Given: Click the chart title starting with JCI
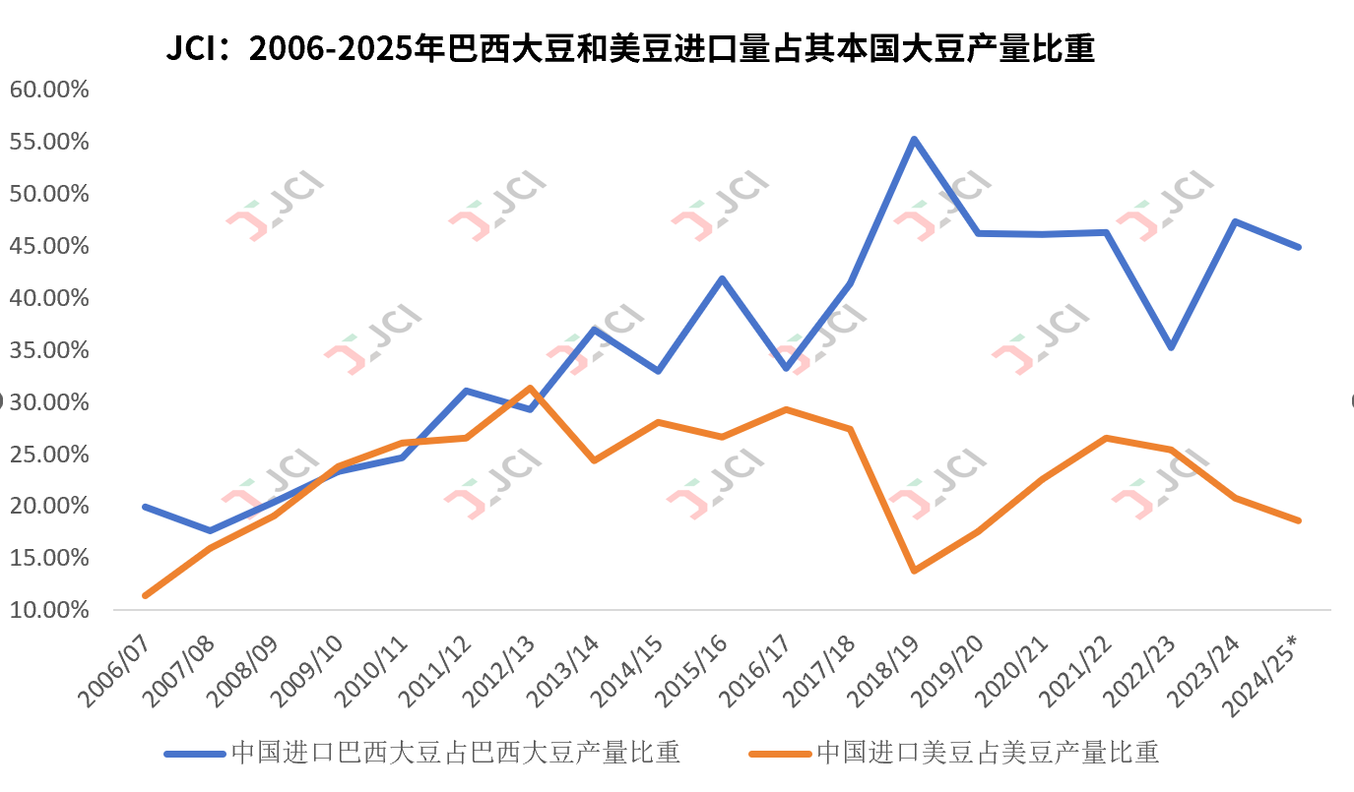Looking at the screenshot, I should (630, 47).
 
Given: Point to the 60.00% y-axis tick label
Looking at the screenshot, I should (49, 90).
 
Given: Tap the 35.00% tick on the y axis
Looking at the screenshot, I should (49, 350).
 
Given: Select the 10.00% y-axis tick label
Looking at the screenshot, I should (49, 610).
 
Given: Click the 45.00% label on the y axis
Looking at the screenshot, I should (49, 246).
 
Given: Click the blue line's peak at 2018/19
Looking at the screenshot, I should (914, 140).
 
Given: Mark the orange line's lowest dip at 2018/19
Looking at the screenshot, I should (914, 571).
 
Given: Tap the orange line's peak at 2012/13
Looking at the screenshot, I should (530, 388).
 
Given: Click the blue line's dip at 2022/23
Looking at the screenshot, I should (1171, 347).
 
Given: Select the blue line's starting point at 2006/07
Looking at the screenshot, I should (145, 507).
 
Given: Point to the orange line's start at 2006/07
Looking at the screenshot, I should (145, 595).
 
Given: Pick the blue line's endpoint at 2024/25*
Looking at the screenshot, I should (1299, 247).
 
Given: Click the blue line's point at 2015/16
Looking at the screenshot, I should (722, 278).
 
